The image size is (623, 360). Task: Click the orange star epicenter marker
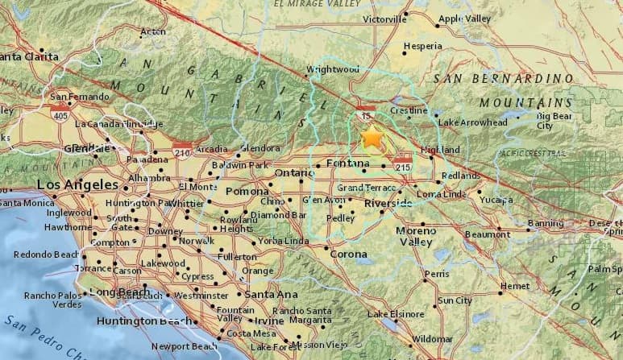pyautogui.click(x=372, y=138)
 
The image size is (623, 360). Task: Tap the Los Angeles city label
pyautogui.click(x=72, y=185)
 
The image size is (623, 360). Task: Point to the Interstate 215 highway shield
pyautogui.click(x=405, y=165)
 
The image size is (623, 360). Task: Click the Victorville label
pyautogui.click(x=385, y=19)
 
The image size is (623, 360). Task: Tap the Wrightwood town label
pyautogui.click(x=332, y=69)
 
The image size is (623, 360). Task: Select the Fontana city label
pyautogui.click(x=347, y=164)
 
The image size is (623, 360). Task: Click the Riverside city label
pyautogui.click(x=388, y=204)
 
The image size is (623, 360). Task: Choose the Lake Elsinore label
pyautogui.click(x=396, y=313)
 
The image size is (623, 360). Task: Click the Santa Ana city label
pyautogui.click(x=272, y=295)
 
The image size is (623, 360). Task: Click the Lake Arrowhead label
pyautogui.click(x=473, y=122)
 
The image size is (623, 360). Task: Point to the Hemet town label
pyautogui.click(x=514, y=285)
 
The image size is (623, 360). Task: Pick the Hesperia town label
pyautogui.click(x=423, y=46)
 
